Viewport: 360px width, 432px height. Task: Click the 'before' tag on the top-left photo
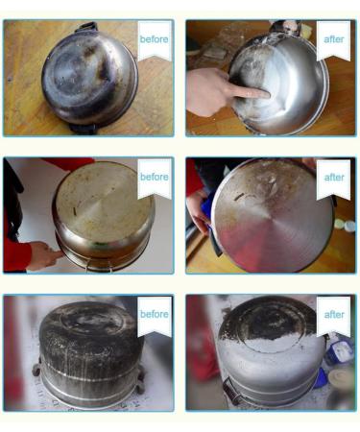(x=154, y=39)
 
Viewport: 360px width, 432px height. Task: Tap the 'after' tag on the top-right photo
(x=333, y=39)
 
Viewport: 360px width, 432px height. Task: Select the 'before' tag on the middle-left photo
(x=154, y=178)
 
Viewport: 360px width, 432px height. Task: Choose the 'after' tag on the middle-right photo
(x=333, y=178)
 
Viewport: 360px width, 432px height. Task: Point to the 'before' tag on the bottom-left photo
(x=154, y=315)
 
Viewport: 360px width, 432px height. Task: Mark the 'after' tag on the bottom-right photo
(x=333, y=315)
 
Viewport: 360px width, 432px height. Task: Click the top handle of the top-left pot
(x=87, y=27)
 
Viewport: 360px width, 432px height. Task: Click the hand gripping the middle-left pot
(x=41, y=254)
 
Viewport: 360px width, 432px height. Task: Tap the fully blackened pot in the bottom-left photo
(x=86, y=350)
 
